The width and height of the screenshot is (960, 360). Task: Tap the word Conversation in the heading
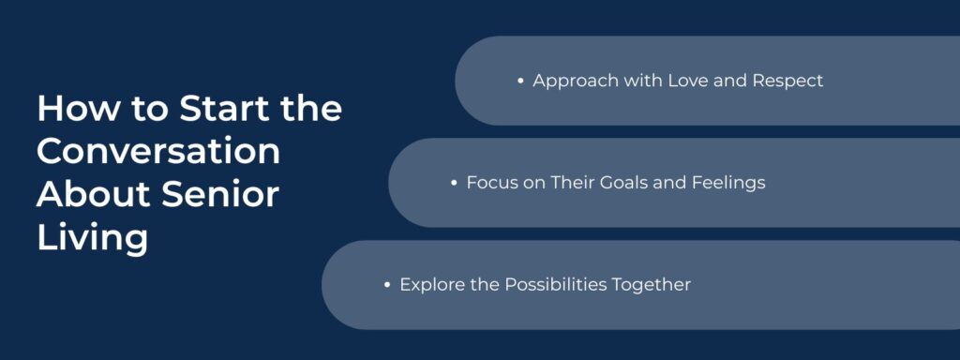(x=158, y=152)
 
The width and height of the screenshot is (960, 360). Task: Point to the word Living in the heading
(x=92, y=237)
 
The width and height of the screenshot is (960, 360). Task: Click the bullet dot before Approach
(x=520, y=82)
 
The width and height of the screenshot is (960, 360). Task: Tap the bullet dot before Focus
(x=454, y=183)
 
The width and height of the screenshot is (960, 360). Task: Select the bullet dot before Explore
(x=387, y=285)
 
